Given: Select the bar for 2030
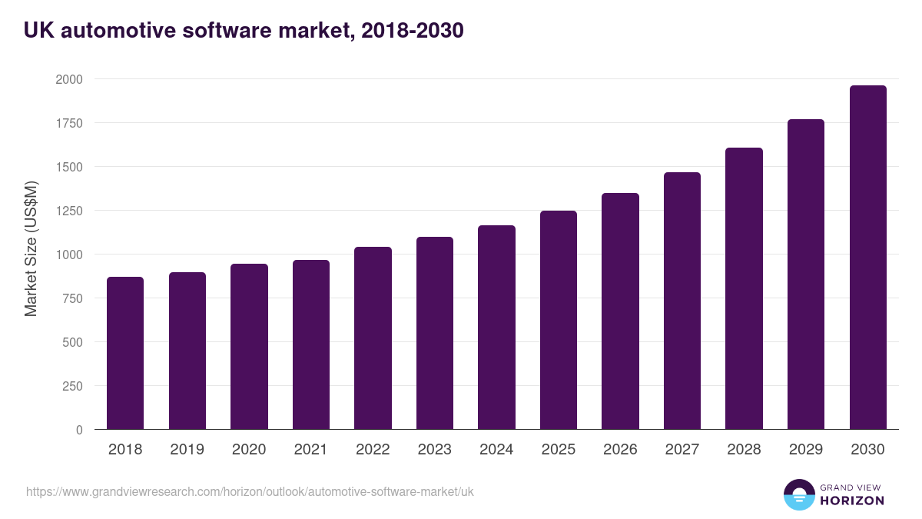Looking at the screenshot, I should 867,258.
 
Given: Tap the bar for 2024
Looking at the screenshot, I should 496,328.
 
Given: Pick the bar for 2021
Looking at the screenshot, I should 311,344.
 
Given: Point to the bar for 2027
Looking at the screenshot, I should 682,301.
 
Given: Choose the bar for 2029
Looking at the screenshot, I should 806,274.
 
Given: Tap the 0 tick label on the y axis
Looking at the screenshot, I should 79,430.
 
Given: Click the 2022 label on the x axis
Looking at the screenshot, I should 373,450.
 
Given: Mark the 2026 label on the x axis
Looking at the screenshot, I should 620,450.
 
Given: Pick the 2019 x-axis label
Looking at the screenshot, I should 187,450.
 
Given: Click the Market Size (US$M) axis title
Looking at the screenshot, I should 31,248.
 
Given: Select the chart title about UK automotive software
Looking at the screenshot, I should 244,31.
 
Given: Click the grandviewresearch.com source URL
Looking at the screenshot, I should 250,491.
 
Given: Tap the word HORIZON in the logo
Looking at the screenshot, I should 852,501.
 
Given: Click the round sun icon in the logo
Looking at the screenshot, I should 798,494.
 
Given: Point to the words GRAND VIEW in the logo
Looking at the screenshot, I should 851,487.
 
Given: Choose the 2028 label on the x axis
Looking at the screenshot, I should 744,450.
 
